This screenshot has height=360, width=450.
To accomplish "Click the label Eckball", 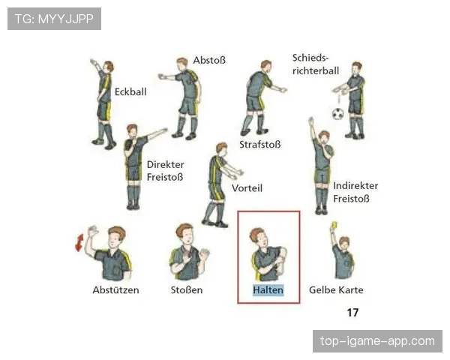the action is point(130,91).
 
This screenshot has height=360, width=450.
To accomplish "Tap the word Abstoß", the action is point(209,60).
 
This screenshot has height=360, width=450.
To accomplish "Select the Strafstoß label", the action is point(260,145).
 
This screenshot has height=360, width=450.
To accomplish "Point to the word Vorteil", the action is point(247,188).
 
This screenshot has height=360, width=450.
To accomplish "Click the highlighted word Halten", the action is point(268,290).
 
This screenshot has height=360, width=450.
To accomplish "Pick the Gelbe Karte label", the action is point(336,290).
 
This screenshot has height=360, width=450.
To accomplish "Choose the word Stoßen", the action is point(187,290).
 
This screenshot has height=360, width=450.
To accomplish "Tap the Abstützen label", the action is point(115,290).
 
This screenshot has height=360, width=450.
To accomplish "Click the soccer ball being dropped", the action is point(338,114).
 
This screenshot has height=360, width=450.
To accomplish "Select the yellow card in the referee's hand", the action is point(334,225).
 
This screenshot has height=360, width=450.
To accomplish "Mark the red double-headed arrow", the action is point(79,242).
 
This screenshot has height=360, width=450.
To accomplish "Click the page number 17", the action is point(352,312).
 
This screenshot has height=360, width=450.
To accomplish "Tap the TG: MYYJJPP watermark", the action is point(54,19).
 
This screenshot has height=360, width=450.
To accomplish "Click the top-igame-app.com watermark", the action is point(377,341).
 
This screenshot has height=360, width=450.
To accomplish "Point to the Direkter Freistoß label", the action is point(165,171).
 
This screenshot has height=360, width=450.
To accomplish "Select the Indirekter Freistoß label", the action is point(355,192).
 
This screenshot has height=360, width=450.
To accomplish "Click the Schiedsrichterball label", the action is point(316,64).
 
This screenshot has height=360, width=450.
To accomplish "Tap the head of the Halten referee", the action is point(259,238).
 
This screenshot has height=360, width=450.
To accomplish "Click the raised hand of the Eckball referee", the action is point(93,62).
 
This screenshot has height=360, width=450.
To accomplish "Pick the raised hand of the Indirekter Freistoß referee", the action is point(311,121).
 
